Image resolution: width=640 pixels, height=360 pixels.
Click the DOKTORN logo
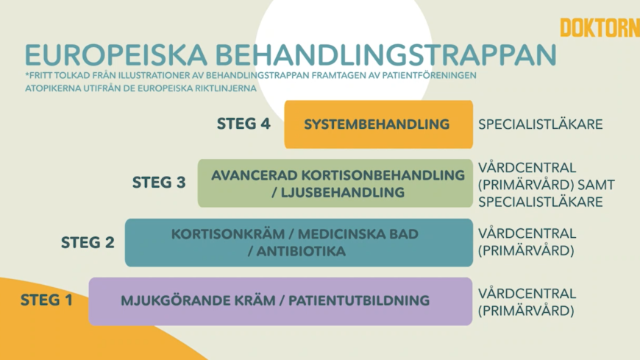pyautogui.click(x=600, y=28)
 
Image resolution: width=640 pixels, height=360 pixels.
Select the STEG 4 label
pyautogui.click(x=243, y=124)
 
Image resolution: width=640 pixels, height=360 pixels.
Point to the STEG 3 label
pyautogui.click(x=159, y=183)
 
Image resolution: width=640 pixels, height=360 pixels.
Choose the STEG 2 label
pyautogui.click(x=88, y=241)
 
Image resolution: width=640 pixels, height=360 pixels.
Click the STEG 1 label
pyautogui.click(x=47, y=300)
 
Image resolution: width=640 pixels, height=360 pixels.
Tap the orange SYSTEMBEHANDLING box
pyautogui.click(x=378, y=124)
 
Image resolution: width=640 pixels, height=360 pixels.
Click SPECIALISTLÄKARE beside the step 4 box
pyautogui.click(x=541, y=124)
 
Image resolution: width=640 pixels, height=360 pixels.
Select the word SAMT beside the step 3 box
pyautogui.click(x=597, y=184)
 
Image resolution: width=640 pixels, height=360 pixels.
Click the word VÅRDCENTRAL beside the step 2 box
pyautogui.click(x=527, y=233)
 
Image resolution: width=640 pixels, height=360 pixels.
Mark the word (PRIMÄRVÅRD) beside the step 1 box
pyautogui.click(x=526, y=310)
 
